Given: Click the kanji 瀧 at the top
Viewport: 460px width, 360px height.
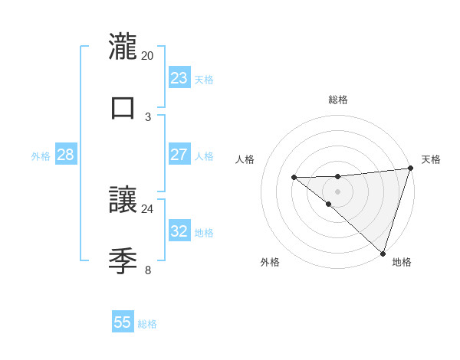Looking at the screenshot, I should tap(123, 47).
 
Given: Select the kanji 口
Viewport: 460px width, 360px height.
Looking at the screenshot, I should tap(123, 106).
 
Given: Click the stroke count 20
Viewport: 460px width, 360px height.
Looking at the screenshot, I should tap(147, 56).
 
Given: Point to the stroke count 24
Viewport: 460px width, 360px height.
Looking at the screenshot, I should tap(147, 208).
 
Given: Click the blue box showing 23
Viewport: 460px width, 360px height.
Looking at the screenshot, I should tap(179, 78).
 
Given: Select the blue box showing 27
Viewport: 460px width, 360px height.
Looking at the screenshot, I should tap(179, 155).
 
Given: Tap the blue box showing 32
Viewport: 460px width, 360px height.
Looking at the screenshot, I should tap(179, 231).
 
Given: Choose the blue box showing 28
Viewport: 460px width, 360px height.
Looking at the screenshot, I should tap(66, 155).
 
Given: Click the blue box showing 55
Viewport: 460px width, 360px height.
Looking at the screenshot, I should tap(123, 322).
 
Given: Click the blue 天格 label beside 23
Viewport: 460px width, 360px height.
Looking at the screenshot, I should tap(204, 80).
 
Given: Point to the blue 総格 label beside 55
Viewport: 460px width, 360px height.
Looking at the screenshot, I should tap(147, 324).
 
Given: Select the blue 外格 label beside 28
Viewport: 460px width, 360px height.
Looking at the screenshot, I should tap(41, 156).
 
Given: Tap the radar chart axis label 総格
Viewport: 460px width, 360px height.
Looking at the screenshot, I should tap(338, 100).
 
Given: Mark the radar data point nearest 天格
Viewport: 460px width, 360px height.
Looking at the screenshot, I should tap(410, 169).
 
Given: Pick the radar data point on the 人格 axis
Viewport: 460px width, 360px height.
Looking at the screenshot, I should tap(294, 178).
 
